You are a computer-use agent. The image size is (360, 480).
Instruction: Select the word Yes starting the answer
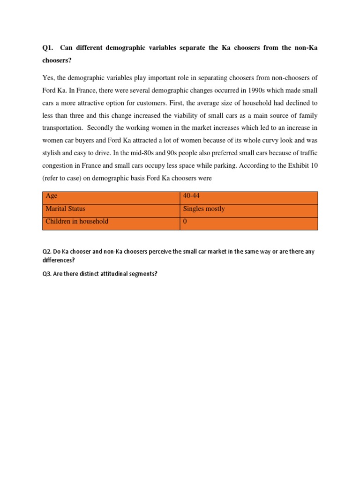(48, 77)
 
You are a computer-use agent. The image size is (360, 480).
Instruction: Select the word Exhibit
(298, 165)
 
